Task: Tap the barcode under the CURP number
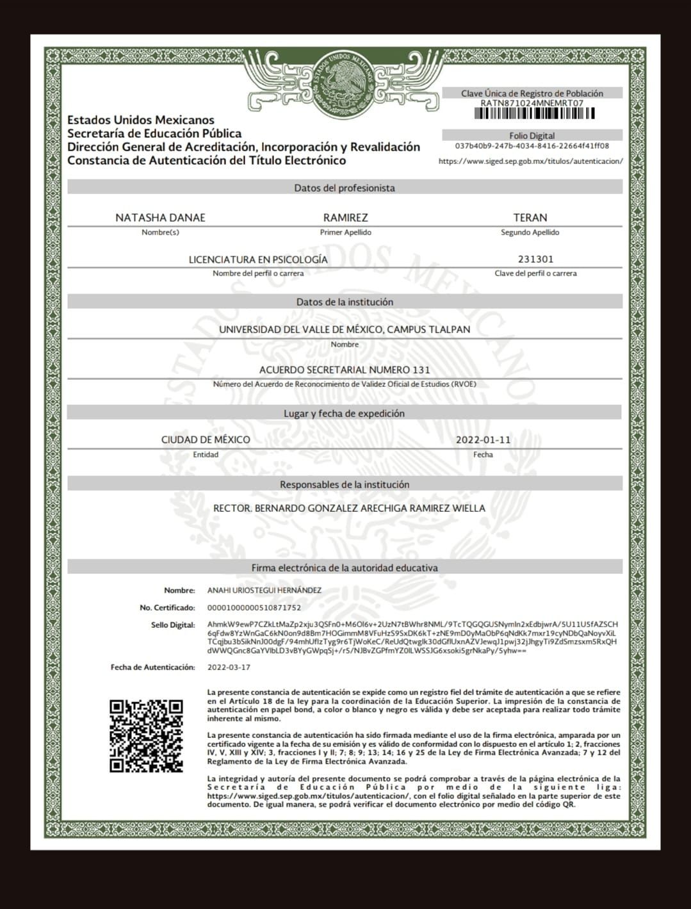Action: coord(534,114)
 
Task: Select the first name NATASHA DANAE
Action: coord(160,218)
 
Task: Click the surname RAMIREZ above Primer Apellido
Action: coord(345,218)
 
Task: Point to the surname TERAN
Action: coord(530,218)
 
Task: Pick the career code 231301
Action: coord(535,259)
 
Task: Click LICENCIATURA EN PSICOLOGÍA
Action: coord(258,259)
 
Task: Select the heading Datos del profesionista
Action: coord(345,188)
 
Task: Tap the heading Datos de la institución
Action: coord(345,302)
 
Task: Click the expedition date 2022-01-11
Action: coord(483,440)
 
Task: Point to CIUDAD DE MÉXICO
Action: coord(206,440)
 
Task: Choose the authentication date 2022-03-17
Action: coord(229,667)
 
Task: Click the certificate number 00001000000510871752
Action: coord(254,607)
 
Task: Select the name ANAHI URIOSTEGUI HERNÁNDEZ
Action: coord(264,590)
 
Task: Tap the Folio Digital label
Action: coord(532,136)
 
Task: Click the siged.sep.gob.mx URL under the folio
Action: coord(530,161)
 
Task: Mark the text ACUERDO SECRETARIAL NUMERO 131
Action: coord(345,370)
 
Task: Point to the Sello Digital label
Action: coord(173,625)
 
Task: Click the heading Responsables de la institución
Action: coord(345,485)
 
